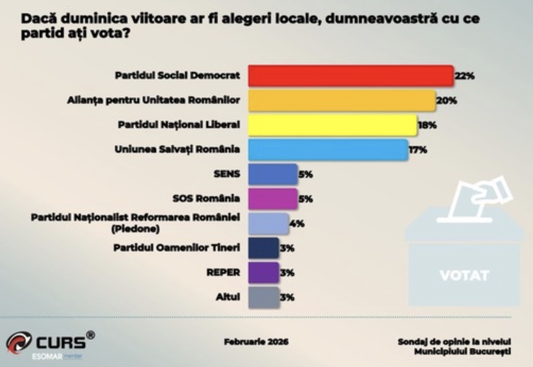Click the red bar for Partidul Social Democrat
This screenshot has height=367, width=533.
pyautogui.click(x=350, y=76)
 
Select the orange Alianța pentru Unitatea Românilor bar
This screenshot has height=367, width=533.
pyautogui.click(x=342, y=101)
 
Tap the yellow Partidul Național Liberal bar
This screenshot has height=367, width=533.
pyautogui.click(x=333, y=125)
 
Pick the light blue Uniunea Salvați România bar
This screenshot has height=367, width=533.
pyautogui.click(x=328, y=149)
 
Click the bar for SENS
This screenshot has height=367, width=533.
pyautogui.click(x=272, y=174)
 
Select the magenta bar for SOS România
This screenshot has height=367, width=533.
pyautogui.click(x=272, y=199)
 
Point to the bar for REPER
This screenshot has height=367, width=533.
pyautogui.click(x=263, y=273)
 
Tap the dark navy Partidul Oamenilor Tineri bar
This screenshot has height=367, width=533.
pyautogui.click(x=263, y=248)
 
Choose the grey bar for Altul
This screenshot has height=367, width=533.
pyautogui.click(x=264, y=297)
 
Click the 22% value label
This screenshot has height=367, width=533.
pyautogui.click(x=464, y=76)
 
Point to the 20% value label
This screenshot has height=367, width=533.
pyautogui.click(x=446, y=101)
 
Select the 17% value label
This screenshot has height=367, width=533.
pyautogui.click(x=418, y=149)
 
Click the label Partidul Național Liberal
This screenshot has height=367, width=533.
pyautogui.click(x=179, y=125)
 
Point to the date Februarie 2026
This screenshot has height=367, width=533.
pyautogui.click(x=256, y=342)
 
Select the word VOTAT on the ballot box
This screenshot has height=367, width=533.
pyautogui.click(x=464, y=275)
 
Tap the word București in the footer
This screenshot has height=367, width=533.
pyautogui.click(x=491, y=352)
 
